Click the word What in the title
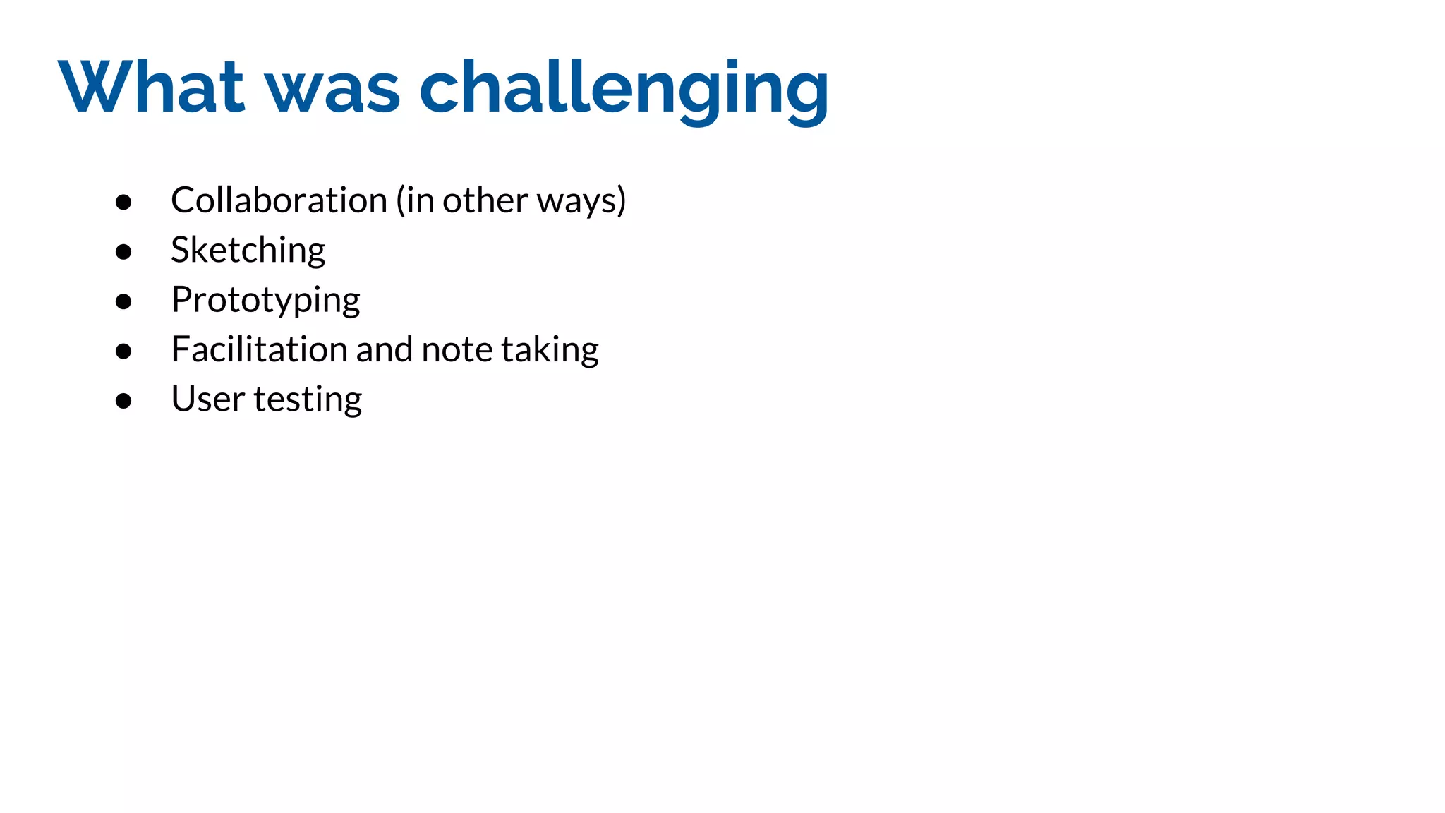(x=151, y=87)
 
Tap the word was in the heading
(x=332, y=88)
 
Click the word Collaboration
(x=279, y=200)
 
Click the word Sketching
(x=248, y=251)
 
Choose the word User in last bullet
(x=207, y=399)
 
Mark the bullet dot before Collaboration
(x=123, y=203)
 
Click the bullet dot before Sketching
(x=123, y=252)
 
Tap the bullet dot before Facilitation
(x=123, y=351)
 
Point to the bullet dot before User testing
(x=123, y=401)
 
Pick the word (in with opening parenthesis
(x=415, y=200)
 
